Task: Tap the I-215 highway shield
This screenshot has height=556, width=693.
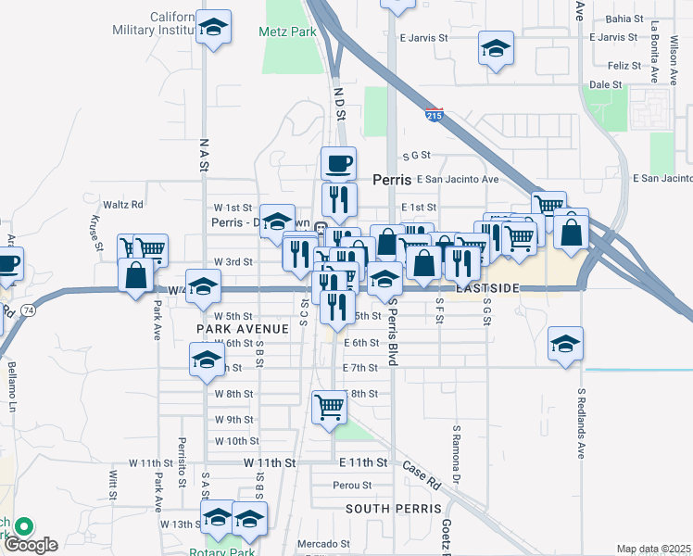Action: click(x=434, y=115)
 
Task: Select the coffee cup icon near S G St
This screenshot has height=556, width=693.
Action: click(x=338, y=164)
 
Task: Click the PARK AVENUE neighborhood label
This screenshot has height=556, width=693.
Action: click(x=231, y=329)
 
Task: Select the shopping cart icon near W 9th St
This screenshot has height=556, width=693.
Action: click(x=329, y=406)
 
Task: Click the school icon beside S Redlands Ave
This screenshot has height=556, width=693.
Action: click(x=565, y=344)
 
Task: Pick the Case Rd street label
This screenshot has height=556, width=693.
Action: click(x=422, y=476)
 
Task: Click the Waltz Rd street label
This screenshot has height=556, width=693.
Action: click(x=123, y=204)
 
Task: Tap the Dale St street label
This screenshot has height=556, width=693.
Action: click(x=605, y=84)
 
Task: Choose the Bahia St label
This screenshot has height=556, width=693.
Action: click(x=623, y=19)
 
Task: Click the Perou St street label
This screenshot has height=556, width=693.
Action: click(x=353, y=485)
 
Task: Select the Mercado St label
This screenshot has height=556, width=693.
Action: click(x=323, y=544)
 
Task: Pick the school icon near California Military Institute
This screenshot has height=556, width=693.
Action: click(x=213, y=28)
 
